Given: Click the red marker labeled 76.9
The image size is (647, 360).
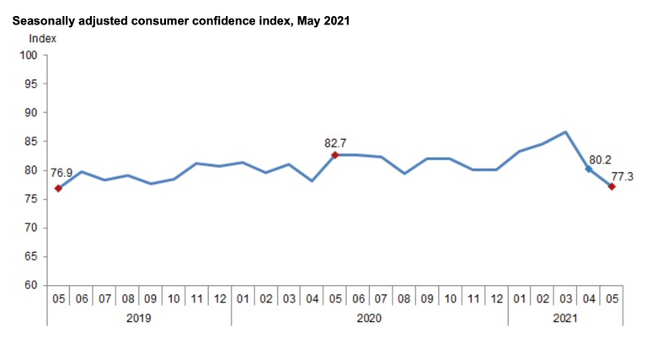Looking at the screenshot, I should point(58,188).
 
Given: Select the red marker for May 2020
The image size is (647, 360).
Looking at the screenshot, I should point(335,155).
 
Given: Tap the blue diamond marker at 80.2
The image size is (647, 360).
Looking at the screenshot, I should point(588,169).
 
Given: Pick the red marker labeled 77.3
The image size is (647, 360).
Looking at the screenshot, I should point(612,186).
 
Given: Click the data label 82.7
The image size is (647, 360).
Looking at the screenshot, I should point(336,143).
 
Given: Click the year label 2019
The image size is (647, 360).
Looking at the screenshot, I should point(138,319).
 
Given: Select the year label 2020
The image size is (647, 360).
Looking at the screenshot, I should point(369,319).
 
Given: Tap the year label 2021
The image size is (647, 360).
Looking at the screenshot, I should point(565,319).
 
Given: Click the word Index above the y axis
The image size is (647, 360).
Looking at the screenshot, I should point(42,38).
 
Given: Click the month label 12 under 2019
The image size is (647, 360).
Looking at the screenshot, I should point(219,299).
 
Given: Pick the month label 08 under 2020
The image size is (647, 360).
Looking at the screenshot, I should point(404,299).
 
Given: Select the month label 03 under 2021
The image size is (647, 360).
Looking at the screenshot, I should point(565,299).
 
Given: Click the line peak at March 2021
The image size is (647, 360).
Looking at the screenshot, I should point(565,132).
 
